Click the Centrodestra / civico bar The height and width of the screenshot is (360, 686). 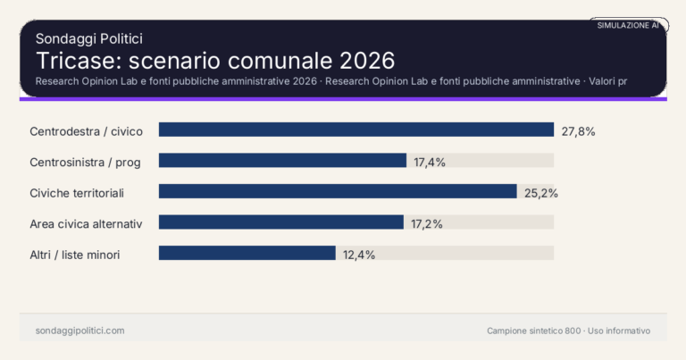(356, 130)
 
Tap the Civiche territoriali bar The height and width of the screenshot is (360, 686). (338, 192)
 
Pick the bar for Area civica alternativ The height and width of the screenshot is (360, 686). (281, 222)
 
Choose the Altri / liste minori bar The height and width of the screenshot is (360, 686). (247, 254)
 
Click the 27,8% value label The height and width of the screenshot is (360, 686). (578, 131)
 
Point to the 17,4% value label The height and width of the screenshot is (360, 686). (430, 162)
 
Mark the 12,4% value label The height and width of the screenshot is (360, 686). (359, 255)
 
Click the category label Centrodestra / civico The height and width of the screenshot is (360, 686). (86, 131)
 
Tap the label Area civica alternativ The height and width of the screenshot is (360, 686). (86, 223)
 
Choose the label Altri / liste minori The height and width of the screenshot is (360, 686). (75, 255)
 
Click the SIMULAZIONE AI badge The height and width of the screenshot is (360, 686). (628, 26)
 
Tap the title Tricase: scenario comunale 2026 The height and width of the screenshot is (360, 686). (214, 61)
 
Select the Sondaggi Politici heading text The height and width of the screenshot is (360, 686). (89, 38)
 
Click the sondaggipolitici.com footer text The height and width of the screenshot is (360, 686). (79, 331)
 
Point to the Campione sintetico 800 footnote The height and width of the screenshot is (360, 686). (568, 331)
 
